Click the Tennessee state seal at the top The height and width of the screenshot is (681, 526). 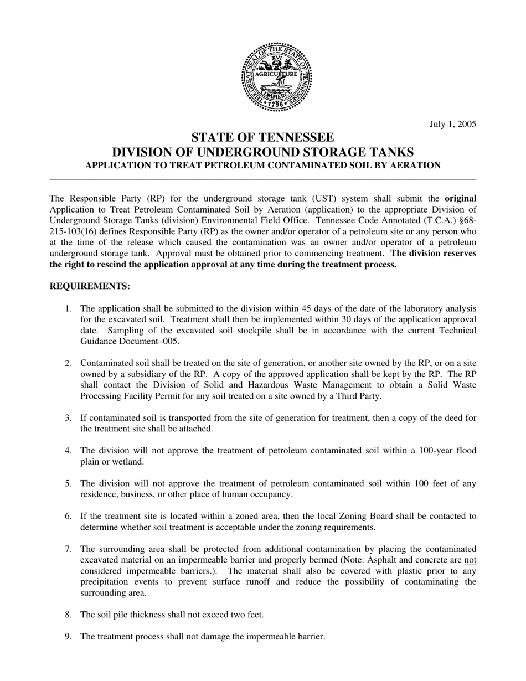click(276, 77)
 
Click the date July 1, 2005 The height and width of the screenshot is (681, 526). click(452, 124)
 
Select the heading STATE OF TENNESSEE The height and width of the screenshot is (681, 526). click(262, 137)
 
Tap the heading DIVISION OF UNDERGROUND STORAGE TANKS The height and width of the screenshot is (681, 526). click(262, 152)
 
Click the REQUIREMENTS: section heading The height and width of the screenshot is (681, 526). click(90, 286)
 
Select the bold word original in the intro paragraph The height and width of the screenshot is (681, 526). click(460, 198)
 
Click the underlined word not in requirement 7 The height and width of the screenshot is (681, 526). click(470, 560)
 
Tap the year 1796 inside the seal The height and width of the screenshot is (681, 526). click(276, 103)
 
